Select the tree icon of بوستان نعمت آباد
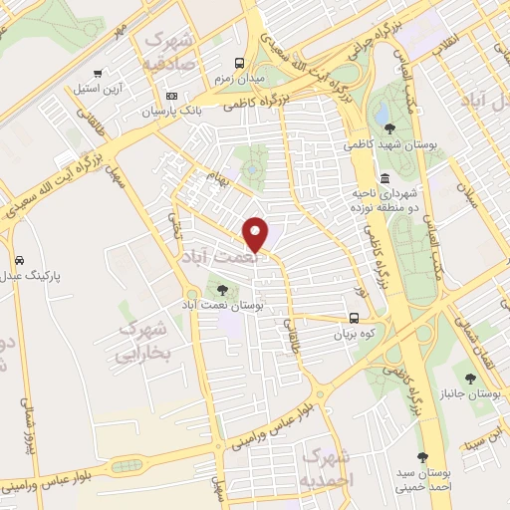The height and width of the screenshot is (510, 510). click(221, 290)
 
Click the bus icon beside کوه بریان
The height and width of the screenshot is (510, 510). click(355, 319)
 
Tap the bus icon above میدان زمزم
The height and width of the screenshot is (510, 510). click(239, 60)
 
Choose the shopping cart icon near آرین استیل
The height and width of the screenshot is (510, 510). click(97, 73)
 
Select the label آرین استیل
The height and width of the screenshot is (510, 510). click(97, 89)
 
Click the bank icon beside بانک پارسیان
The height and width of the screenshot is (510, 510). click(171, 96)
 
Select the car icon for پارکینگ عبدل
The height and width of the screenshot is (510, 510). click(19, 258)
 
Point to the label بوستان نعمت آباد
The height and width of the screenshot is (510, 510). click(221, 307)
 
